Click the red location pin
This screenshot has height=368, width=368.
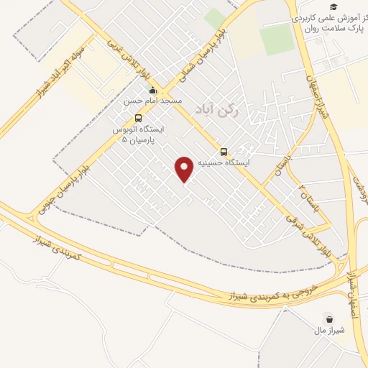[185, 169]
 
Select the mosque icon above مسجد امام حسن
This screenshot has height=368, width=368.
[152, 91]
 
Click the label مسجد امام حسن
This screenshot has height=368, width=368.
[152, 101]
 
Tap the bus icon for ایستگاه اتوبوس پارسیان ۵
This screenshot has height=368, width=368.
[138, 118]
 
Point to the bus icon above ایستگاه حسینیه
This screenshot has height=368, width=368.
[224, 152]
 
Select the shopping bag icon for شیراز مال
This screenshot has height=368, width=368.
[330, 318]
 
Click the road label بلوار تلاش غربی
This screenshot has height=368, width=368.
[119, 51]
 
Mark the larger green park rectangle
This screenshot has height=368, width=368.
[277, 40]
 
